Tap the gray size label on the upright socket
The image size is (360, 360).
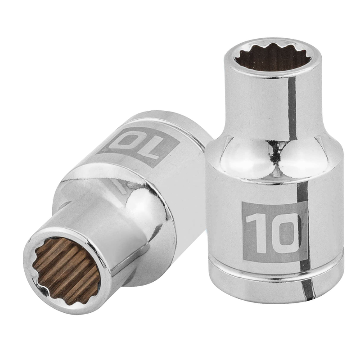274,232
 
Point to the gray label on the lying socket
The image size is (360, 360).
138,147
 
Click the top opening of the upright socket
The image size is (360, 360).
272,58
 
